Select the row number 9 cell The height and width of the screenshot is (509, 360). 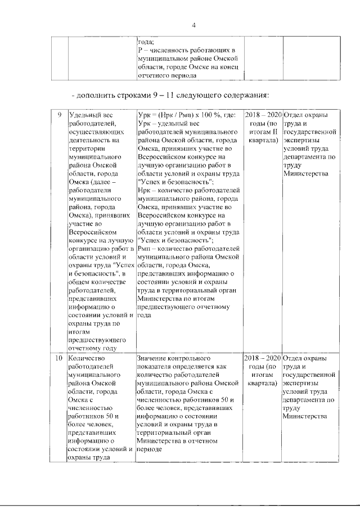tap(60, 115)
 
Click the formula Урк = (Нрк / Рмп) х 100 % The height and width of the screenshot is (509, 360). tap(180, 115)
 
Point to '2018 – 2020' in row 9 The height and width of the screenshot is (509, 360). tap(263, 115)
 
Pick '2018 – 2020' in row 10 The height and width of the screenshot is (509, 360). tap(263, 358)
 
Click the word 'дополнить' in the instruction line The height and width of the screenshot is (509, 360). tap(94, 93)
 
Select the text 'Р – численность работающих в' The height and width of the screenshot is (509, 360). tap(186, 50)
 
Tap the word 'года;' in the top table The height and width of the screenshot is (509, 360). tap(146, 42)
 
